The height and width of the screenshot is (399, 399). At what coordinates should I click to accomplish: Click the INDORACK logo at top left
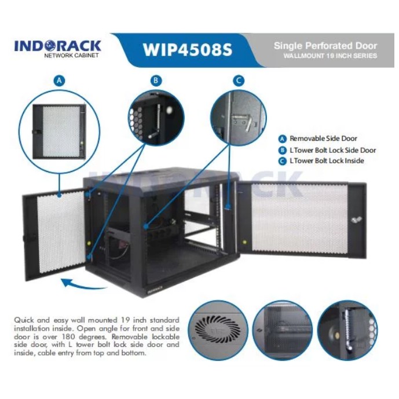coord(57,46)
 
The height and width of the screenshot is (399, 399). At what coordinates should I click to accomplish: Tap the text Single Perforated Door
coord(325,45)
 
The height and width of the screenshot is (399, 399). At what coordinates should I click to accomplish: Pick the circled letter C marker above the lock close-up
coord(239,80)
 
